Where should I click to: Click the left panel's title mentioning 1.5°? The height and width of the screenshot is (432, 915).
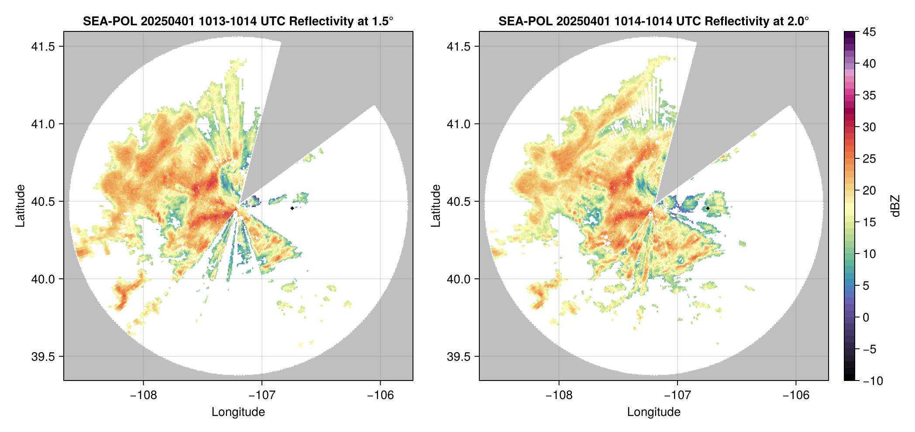tap(238, 21)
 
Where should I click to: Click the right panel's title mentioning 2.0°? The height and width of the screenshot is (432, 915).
tap(654, 21)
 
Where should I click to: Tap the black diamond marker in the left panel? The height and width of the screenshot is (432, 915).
tap(292, 208)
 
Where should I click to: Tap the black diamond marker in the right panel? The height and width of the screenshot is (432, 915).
tap(708, 208)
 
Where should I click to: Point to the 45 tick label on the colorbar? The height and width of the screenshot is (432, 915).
tap(869, 32)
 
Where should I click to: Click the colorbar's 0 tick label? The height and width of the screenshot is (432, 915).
tap(866, 317)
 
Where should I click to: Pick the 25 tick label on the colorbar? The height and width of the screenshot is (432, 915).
tap(869, 159)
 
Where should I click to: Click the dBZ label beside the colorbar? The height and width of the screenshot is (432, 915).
tap(895, 206)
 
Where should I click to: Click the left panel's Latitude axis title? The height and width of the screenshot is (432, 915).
tap(20, 206)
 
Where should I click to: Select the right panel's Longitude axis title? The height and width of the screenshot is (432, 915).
tap(654, 412)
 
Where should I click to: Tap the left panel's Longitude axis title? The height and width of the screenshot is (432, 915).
tap(238, 412)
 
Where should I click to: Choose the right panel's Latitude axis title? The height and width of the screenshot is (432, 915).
tap(436, 206)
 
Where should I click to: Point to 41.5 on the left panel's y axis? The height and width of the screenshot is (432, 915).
tap(43, 47)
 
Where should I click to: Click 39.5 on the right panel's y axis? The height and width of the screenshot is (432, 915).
tap(458, 357)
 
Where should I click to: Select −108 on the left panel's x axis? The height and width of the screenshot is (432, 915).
tap(143, 395)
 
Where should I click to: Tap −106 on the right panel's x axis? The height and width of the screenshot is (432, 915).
tap(796, 395)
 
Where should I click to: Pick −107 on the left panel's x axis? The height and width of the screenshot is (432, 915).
tap(261, 395)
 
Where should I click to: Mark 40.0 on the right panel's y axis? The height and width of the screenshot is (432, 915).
tap(458, 279)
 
